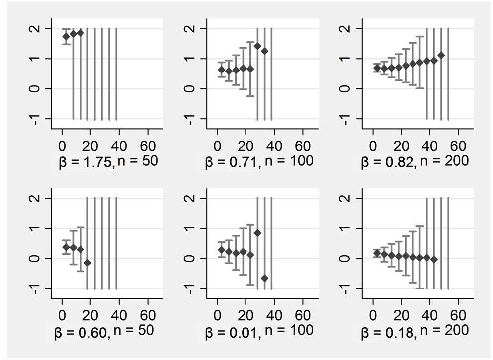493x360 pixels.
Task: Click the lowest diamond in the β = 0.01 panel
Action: [264, 278]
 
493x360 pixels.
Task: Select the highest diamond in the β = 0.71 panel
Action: [257, 46]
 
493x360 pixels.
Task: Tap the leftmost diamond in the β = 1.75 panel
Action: [66, 37]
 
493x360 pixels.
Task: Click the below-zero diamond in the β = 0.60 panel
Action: [87, 263]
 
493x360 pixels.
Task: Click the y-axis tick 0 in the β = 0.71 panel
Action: [190, 88]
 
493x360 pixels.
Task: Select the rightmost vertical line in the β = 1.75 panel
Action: [116, 73]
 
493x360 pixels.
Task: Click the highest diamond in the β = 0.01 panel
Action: [257, 233]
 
